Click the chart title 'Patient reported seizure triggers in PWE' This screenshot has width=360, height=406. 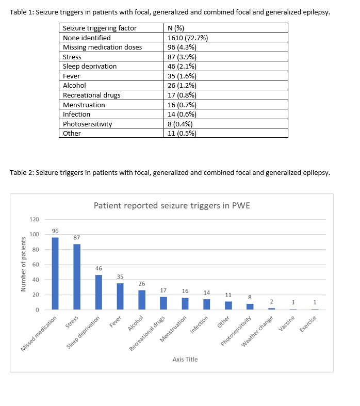coord(172,205)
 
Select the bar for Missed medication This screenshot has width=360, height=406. coord(55,273)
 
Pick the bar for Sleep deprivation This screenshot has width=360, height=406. coord(99,292)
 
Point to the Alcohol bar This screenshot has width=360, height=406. coord(142,300)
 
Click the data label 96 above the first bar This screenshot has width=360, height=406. coord(55,231)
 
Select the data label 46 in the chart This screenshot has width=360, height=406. coord(99,268)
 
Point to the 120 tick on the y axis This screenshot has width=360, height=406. coord(34,220)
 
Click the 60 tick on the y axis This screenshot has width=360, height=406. coord(35,265)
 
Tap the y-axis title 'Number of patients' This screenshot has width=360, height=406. coord(23,264)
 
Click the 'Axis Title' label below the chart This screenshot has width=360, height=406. coord(185,359)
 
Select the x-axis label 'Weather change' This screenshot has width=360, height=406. coord(262,331)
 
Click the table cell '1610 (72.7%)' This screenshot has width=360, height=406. coord(188,38)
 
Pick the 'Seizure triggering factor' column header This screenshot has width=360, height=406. coord(100,28)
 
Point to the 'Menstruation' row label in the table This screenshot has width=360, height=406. coord(84,105)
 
